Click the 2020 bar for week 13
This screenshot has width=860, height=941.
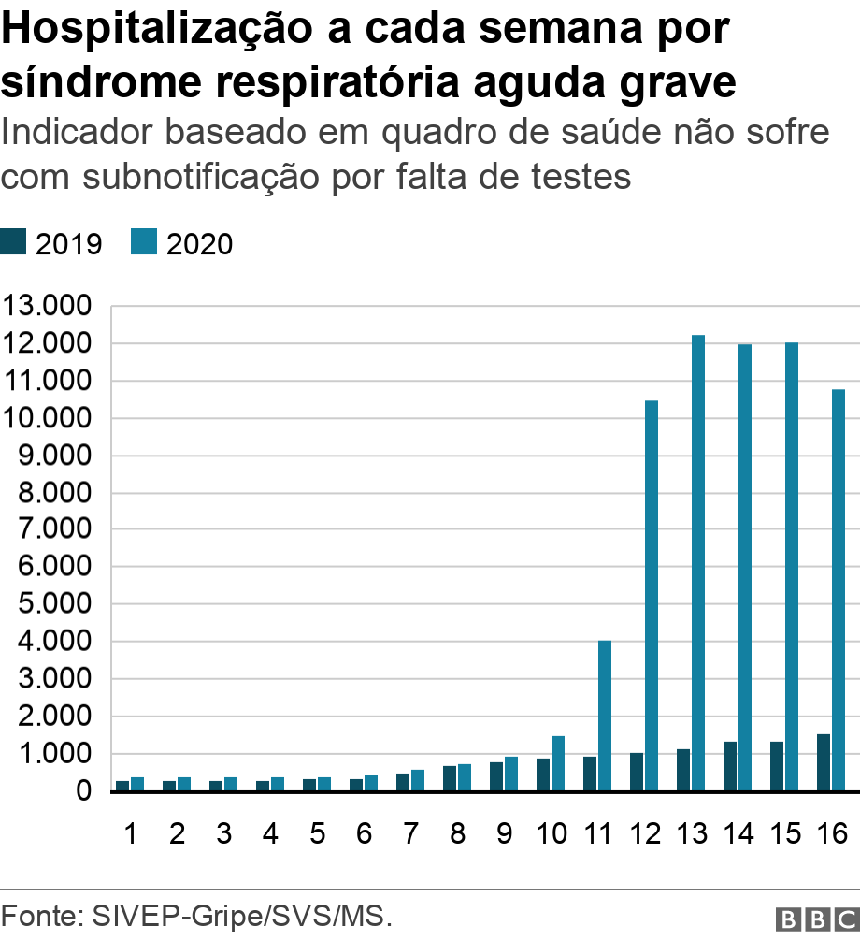click(698, 562)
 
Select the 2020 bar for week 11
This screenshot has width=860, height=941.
click(605, 716)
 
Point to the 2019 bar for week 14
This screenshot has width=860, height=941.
click(730, 766)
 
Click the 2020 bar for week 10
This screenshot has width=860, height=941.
click(558, 763)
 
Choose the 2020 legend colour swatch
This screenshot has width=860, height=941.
click(145, 243)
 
